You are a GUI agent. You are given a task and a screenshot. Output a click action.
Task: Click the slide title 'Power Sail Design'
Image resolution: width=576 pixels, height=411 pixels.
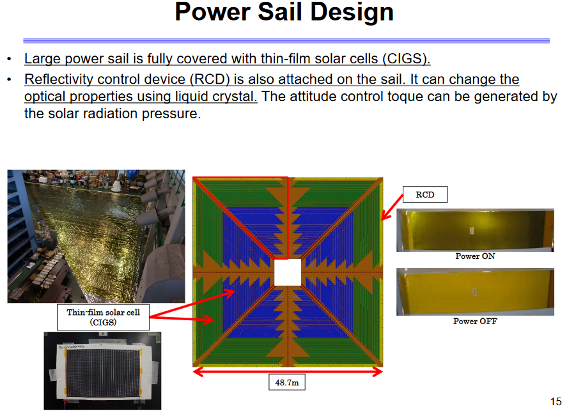(x=284, y=13)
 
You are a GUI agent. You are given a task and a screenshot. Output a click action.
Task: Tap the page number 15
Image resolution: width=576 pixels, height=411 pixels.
(x=556, y=401)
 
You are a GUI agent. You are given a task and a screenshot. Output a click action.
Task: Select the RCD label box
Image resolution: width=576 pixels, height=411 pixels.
(x=424, y=194)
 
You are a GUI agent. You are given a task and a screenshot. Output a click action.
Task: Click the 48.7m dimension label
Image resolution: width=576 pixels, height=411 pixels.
(x=286, y=383)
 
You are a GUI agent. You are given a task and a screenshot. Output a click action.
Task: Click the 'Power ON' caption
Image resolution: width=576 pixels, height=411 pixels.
(x=474, y=256)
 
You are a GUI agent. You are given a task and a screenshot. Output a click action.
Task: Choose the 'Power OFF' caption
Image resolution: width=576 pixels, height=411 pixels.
(x=474, y=321)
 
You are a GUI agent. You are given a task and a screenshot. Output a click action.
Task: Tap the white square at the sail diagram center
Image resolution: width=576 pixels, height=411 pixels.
(x=287, y=273)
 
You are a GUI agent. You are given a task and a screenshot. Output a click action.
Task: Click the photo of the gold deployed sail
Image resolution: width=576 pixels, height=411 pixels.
(x=96, y=236)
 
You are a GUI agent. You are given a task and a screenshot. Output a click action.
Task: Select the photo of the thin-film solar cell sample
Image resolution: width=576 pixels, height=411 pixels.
(x=102, y=371)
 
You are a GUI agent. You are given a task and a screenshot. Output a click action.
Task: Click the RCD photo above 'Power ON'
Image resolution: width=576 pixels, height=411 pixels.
(x=474, y=230)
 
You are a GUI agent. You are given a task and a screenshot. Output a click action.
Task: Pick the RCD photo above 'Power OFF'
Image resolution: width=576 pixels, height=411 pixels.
(x=474, y=291)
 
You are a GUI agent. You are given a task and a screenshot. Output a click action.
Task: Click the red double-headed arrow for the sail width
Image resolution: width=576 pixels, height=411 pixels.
(x=287, y=370)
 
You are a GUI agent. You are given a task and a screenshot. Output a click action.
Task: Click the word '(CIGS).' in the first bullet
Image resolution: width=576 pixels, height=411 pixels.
(x=407, y=59)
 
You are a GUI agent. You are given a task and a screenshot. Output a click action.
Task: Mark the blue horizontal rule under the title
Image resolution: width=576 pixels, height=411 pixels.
(x=286, y=41)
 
